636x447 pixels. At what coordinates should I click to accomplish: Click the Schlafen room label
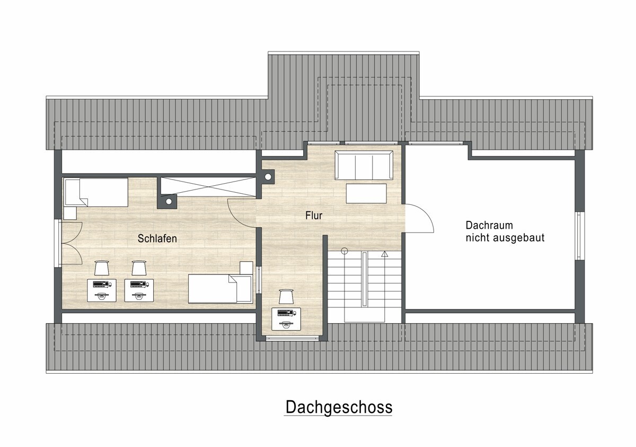click(x=157, y=238)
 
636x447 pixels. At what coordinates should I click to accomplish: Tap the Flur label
click(x=314, y=216)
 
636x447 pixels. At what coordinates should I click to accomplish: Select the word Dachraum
click(x=489, y=225)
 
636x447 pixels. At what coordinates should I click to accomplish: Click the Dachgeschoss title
click(x=339, y=407)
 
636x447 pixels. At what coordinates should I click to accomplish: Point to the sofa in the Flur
click(x=364, y=165)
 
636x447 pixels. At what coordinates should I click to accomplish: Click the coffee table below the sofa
click(x=366, y=193)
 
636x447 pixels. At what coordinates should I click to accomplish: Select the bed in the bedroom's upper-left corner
click(x=96, y=192)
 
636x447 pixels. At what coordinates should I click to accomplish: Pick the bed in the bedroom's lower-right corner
click(x=220, y=289)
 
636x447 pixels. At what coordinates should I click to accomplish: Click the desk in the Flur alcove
click(x=286, y=319)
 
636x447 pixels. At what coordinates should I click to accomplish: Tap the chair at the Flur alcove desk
click(x=286, y=297)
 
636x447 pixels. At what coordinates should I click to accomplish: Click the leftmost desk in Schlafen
click(x=102, y=290)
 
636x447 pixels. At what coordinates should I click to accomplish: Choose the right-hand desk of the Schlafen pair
click(x=139, y=290)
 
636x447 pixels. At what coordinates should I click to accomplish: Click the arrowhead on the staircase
click(x=384, y=254)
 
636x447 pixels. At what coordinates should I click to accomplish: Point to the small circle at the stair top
click(x=344, y=251)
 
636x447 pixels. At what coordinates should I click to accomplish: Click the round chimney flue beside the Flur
click(x=268, y=177)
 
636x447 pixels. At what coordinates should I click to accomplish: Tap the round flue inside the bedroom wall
click(x=169, y=202)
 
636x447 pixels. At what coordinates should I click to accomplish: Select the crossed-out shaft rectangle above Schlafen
click(x=208, y=186)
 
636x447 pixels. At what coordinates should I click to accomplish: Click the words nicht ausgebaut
click(x=505, y=238)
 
